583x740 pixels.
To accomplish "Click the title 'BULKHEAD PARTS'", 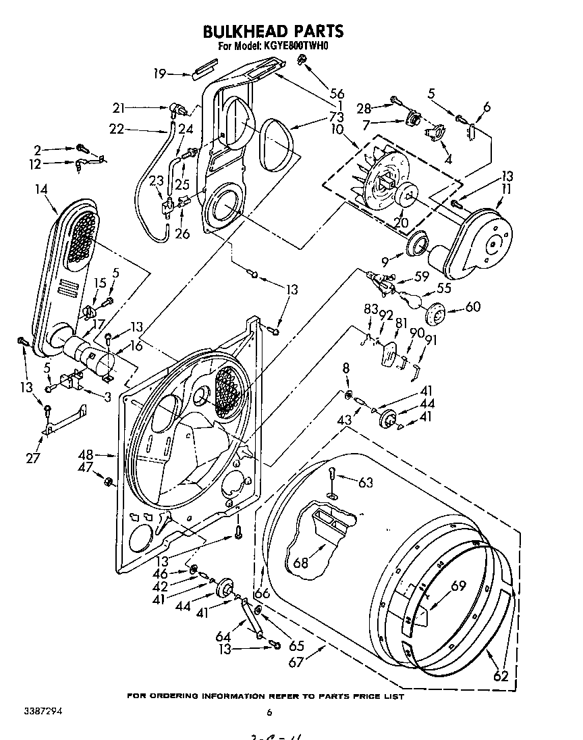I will (x=273, y=31).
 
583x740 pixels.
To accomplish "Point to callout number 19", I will (x=159, y=74).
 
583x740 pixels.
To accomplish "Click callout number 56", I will (x=336, y=94).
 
